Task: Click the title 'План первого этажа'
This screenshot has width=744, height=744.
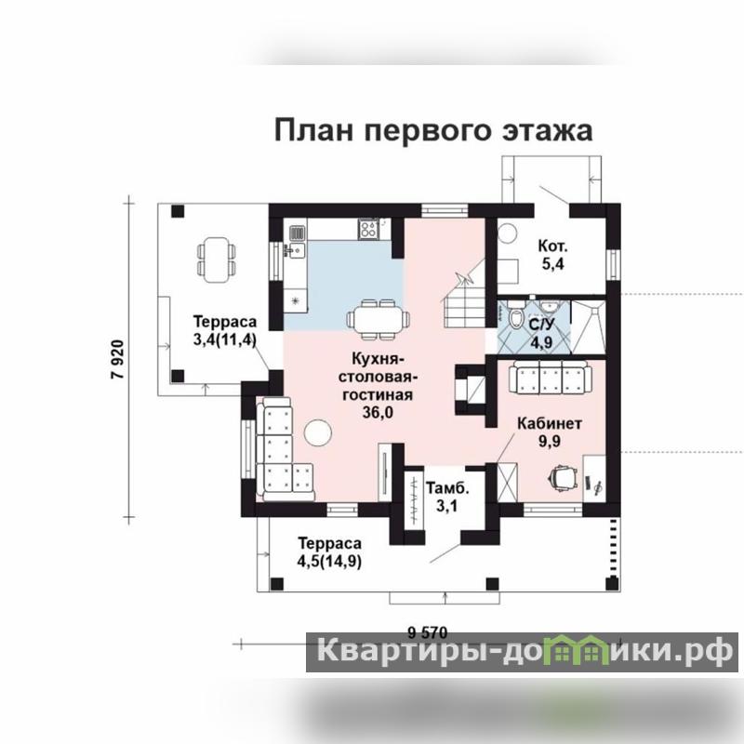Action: pos(433,130)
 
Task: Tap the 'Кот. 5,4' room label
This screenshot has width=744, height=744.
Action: pos(552,255)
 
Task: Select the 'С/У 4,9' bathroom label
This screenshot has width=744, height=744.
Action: pos(541,333)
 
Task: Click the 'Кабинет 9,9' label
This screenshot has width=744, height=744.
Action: pos(550,432)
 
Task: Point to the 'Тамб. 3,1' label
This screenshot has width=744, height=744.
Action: pos(447,497)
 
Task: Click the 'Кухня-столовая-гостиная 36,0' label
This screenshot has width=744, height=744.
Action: pos(378,385)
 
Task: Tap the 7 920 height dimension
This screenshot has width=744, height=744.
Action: pos(117,359)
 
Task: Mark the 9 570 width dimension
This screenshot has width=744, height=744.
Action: pos(428,632)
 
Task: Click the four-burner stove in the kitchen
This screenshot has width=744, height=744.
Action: pos(368,229)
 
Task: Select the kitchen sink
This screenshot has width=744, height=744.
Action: pos(297,233)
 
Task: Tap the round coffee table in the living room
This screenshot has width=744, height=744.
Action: pos(317,432)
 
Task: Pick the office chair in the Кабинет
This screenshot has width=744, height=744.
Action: pos(564,476)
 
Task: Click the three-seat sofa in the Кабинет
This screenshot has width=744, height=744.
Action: pos(550,377)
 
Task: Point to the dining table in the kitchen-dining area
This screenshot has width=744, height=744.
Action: pos(379,319)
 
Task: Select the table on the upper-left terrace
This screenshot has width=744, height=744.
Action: pos(216,259)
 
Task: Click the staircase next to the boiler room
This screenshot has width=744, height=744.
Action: pos(464,296)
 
